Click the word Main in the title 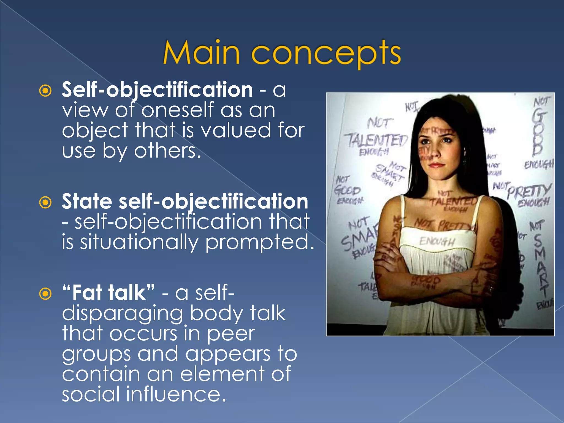pyautogui.click(x=201, y=52)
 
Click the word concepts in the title pyautogui.click(x=326, y=53)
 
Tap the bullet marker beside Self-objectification pyautogui.click(x=45, y=91)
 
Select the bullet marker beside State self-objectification pyautogui.click(x=45, y=202)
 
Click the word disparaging pyautogui.click(x=122, y=314)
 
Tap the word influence pyautogui.click(x=176, y=394)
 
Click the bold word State pyautogui.click(x=87, y=202)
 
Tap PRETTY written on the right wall pyautogui.click(x=529, y=191)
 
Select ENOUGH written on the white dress pyautogui.click(x=436, y=242)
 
